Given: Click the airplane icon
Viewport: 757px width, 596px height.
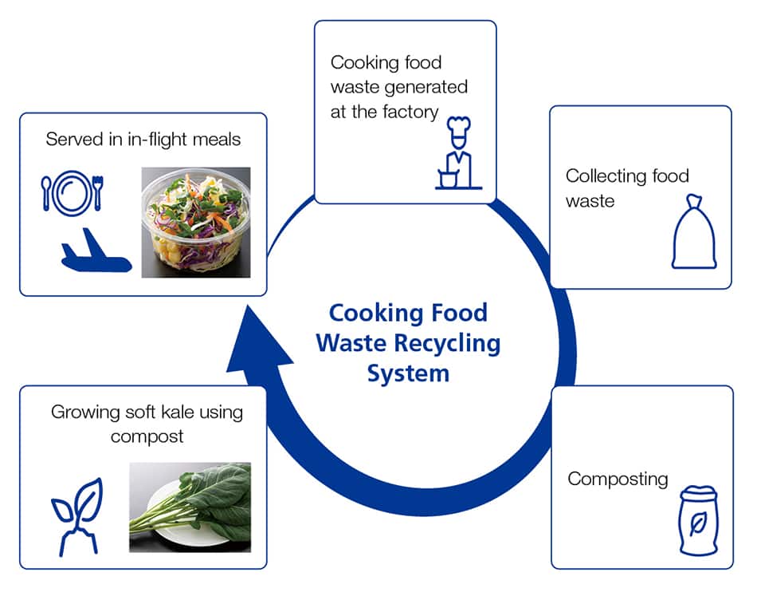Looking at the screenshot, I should (96, 255).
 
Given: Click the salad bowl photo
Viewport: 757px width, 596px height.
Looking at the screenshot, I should (196, 222).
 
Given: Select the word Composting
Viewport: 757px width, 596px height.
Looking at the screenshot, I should (618, 479).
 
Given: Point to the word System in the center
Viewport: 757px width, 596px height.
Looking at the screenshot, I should (408, 373).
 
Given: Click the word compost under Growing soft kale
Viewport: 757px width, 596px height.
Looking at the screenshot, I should (147, 436).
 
